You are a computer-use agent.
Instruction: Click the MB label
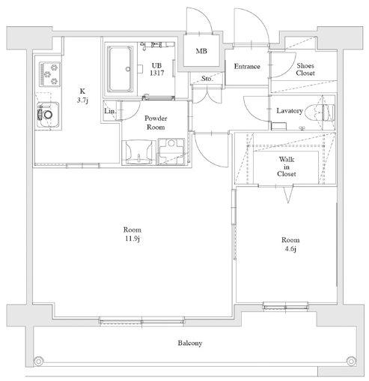pyautogui.click(x=201, y=51)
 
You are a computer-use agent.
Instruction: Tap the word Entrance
pyautogui.click(x=247, y=67)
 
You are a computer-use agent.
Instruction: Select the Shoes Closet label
pyautogui.click(x=305, y=70)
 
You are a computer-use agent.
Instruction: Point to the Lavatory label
pyautogui.click(x=290, y=111)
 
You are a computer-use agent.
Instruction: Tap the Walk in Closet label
pyautogui.click(x=287, y=166)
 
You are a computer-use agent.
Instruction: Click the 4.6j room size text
pyautogui.click(x=290, y=249)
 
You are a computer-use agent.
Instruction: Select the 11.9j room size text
pyautogui.click(x=132, y=238)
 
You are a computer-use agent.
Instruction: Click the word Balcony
pyautogui.click(x=190, y=343)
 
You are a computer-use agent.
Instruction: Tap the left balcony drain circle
pyautogui.click(x=38, y=361)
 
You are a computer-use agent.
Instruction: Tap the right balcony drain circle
pyautogui.click(x=351, y=361)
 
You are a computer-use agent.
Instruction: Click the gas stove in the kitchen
pyautogui.click(x=50, y=74)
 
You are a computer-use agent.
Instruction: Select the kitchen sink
pyautogui.click(x=48, y=115)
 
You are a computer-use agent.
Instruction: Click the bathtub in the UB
pyautogui.click(x=121, y=69)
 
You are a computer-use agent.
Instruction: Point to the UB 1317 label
pyautogui.click(x=157, y=69)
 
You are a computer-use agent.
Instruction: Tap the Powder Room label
pyautogui.click(x=156, y=123)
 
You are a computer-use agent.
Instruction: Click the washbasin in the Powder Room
pyautogui.click(x=138, y=152)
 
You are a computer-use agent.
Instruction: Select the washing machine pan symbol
pyautogui.click(x=171, y=151)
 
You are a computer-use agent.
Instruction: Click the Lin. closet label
pyautogui.click(x=110, y=111)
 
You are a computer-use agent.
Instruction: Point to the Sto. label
pyautogui.click(x=207, y=79)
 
